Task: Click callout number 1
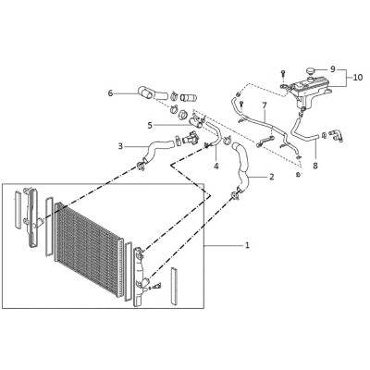247,245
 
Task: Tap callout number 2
272,177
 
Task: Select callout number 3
120,146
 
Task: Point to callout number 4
216,166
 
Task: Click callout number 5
150,125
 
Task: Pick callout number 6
111,92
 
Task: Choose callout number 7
265,105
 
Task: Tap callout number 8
315,166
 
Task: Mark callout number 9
332,69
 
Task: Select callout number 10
358,78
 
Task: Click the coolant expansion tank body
310,91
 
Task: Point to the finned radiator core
89,249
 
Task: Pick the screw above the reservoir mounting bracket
283,74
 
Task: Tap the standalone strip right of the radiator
175,287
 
